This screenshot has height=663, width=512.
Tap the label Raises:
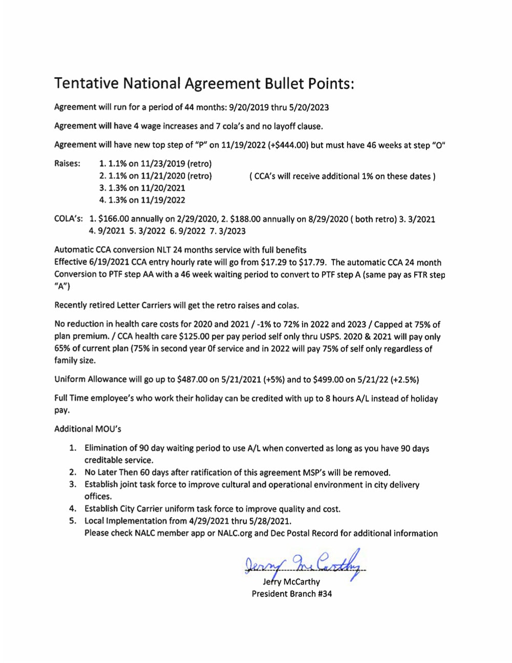(67, 163)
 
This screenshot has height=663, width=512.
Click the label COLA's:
(69, 219)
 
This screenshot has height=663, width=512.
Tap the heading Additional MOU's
(88, 429)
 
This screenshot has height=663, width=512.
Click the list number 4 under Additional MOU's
(73, 509)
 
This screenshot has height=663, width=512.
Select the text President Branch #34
(291, 594)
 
